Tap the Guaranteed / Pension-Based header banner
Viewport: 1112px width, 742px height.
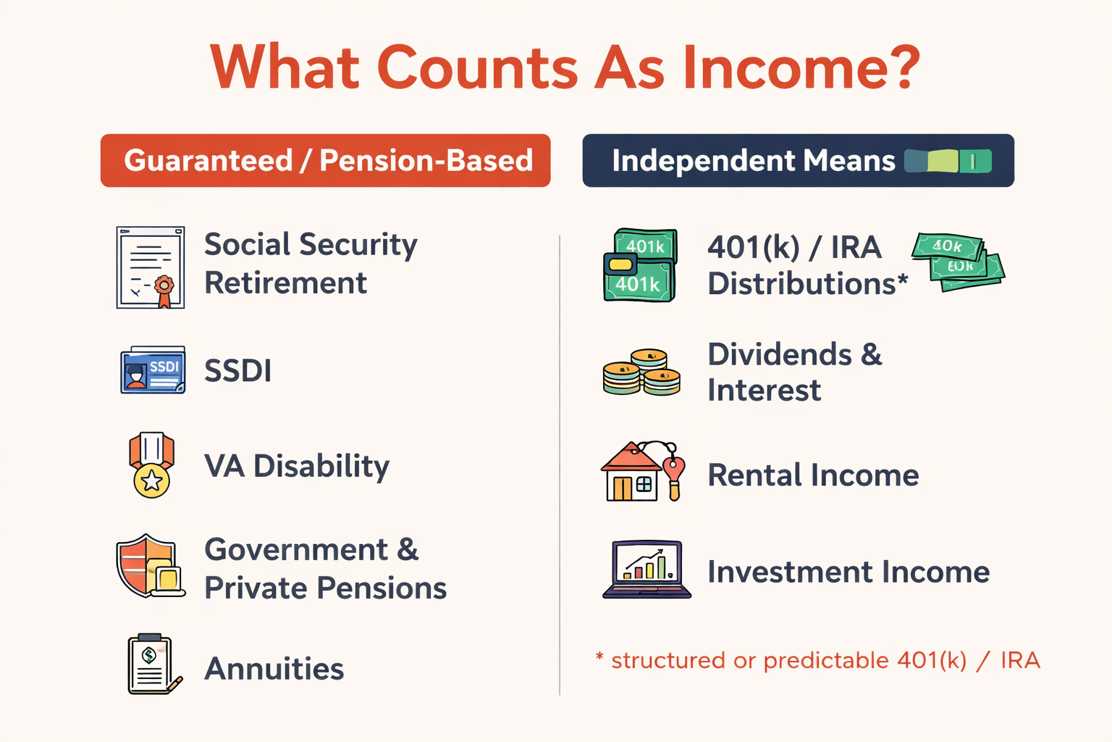(325, 160)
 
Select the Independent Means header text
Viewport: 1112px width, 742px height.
(753, 160)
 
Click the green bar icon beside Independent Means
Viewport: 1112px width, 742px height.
(948, 161)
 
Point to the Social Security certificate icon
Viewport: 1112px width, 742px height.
(151, 267)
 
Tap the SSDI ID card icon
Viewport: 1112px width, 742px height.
(153, 370)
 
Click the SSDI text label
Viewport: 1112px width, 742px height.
(237, 371)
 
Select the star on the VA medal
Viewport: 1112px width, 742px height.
(152, 480)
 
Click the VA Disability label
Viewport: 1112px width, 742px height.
(297, 466)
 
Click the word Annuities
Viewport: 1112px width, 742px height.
(274, 669)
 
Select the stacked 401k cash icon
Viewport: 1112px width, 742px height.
(640, 265)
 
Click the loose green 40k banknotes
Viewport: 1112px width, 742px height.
(958, 261)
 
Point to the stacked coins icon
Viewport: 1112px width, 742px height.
(641, 372)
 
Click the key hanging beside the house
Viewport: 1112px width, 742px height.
(674, 475)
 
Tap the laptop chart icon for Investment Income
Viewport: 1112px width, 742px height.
(646, 569)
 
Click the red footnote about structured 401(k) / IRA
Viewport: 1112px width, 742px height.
(818, 660)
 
